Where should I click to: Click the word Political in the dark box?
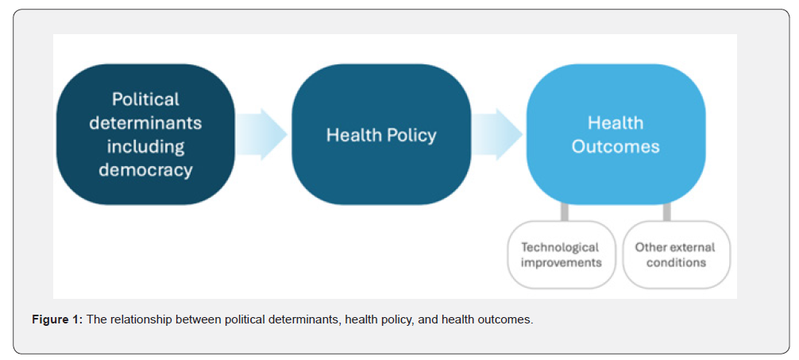[x=145, y=99]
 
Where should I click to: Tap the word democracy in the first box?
[x=145, y=170]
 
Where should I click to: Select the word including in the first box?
[x=145, y=146]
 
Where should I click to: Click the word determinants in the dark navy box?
[x=145, y=122]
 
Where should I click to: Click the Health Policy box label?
[x=381, y=135]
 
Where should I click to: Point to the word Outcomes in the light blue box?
[x=616, y=147]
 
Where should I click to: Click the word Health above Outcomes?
[x=616, y=123]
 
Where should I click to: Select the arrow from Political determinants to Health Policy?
[x=261, y=134]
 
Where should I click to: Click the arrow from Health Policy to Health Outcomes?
[x=497, y=134]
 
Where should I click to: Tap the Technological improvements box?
[x=561, y=255]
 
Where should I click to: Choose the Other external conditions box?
[x=676, y=255]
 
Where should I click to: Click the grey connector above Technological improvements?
[x=565, y=212]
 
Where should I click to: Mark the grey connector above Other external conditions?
[x=666, y=212]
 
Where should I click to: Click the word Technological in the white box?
[x=561, y=248]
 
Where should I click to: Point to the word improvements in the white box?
[x=561, y=263]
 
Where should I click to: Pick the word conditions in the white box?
[x=676, y=263]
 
